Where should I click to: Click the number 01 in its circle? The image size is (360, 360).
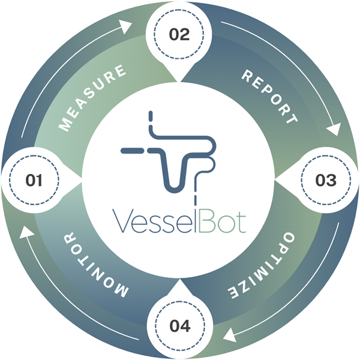34,180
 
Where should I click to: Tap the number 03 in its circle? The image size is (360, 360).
325,180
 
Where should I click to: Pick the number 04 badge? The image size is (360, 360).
179,326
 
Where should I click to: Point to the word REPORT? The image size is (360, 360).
269,96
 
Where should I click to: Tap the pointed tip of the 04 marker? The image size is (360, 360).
179,280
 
